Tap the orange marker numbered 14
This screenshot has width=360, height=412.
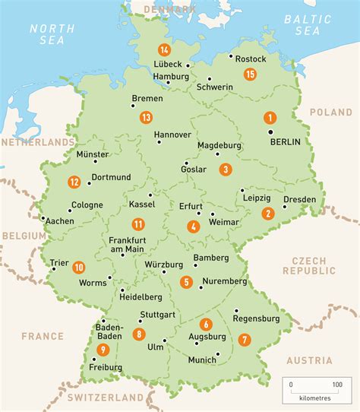point(163,50)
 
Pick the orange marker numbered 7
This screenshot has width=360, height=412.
point(244,339)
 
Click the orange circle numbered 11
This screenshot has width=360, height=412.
point(137,223)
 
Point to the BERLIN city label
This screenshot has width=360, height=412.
point(285,141)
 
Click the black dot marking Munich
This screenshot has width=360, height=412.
point(218,354)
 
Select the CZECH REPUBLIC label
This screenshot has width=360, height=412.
point(308,265)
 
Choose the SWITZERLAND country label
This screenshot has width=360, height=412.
point(105,398)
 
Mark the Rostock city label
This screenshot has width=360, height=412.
point(251,58)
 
